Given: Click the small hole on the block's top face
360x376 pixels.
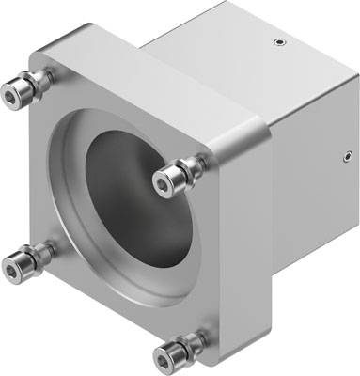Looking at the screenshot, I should pyautogui.click(x=275, y=41).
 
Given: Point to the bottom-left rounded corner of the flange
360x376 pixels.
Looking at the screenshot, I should pyautogui.click(x=38, y=282).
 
